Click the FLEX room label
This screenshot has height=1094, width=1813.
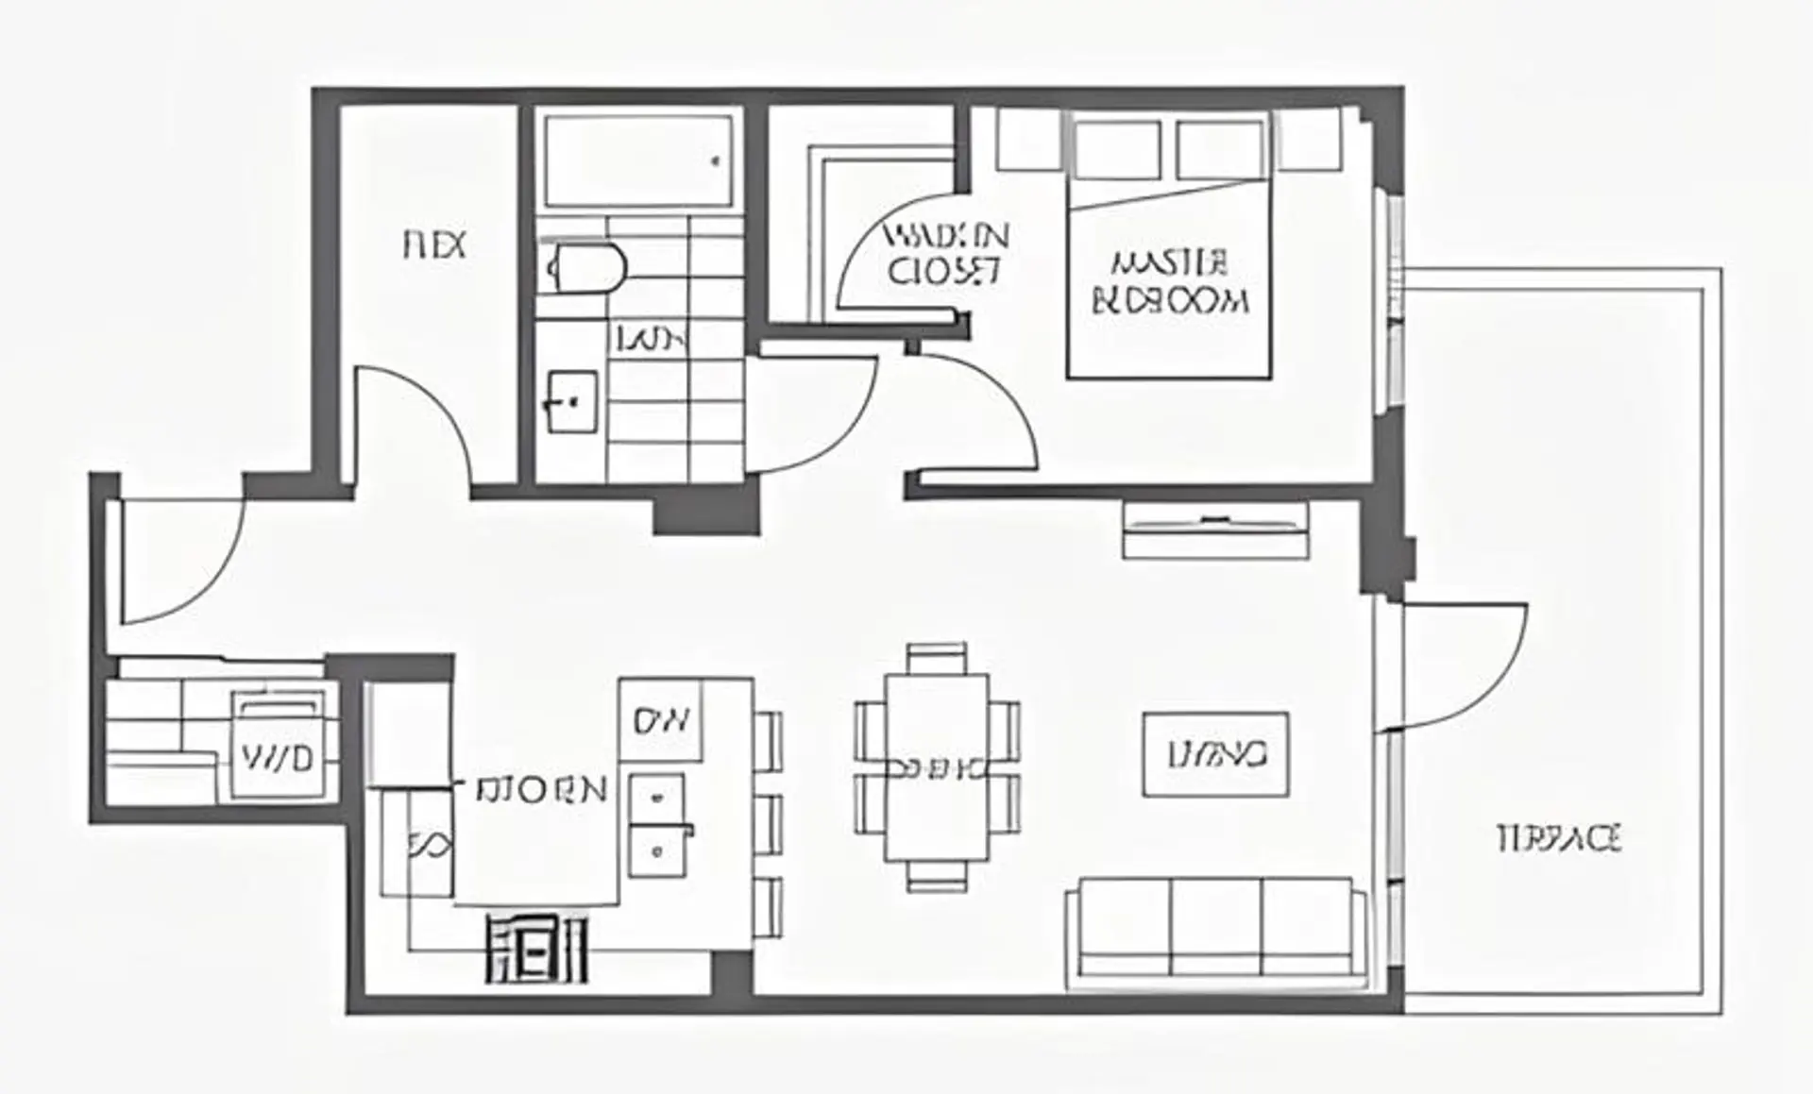click(x=434, y=246)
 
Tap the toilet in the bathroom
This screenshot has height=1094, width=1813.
click(x=587, y=267)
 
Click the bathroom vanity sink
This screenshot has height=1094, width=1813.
click(x=572, y=401)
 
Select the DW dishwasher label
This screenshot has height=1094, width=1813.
click(x=661, y=721)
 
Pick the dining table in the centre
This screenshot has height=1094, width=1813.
click(x=936, y=767)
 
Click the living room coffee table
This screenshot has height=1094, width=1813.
click(x=1215, y=754)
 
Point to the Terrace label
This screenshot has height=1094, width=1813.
click(x=1560, y=838)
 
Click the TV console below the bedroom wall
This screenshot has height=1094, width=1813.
click(x=1215, y=530)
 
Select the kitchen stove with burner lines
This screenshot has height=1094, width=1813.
click(x=536, y=949)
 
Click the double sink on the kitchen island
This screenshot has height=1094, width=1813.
click(x=657, y=826)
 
